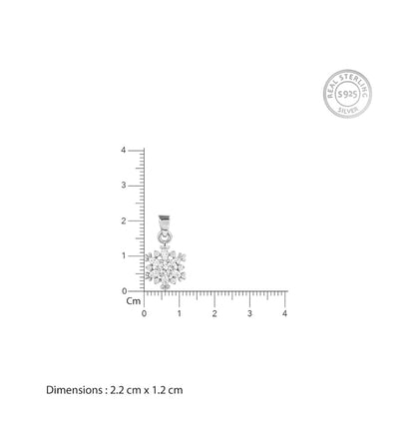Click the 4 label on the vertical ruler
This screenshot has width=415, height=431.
pos(124,150)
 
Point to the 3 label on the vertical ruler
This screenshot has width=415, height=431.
pos(124,186)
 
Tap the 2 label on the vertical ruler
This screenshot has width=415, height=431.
pos(124,220)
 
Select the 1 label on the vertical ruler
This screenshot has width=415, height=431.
pos(124,255)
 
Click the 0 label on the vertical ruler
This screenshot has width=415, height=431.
pos(124,291)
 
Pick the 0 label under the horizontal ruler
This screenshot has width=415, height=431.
pos(144,313)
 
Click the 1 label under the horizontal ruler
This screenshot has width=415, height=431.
pos(180,313)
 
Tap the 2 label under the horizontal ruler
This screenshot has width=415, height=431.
pos(214,313)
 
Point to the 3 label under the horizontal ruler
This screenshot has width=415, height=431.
pos(249,313)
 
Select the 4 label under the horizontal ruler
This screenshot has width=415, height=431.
pos(284,313)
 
